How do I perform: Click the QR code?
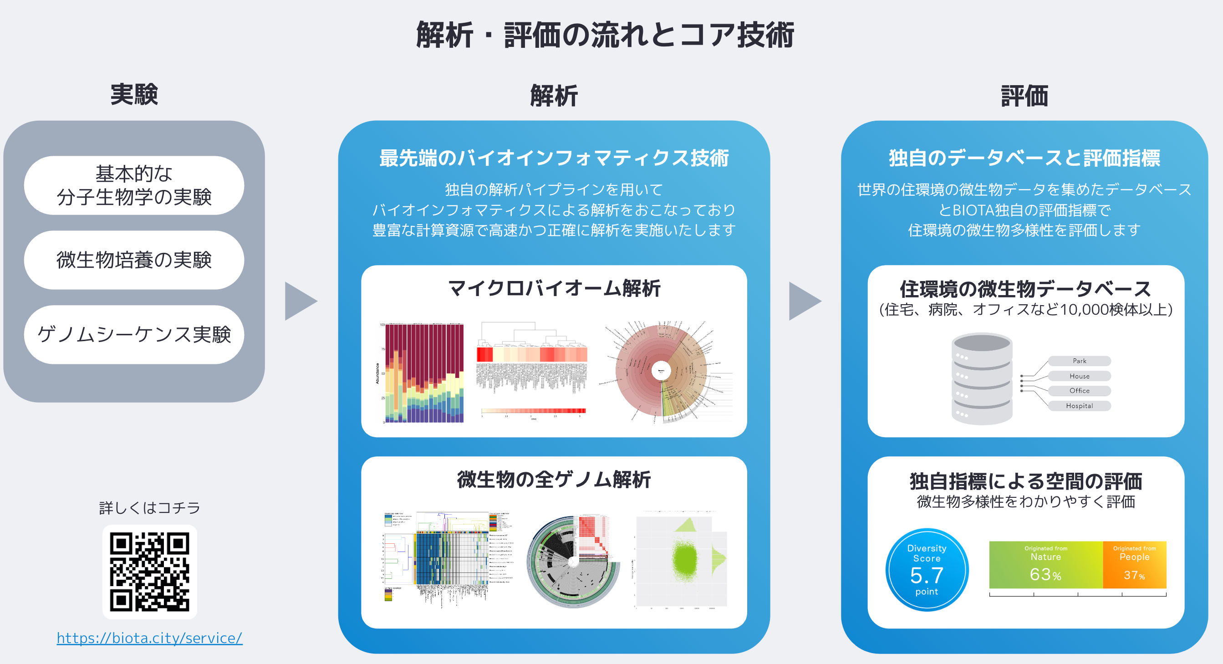[x=149, y=572]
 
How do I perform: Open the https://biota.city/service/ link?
[x=149, y=638]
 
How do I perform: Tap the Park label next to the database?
[x=1079, y=361]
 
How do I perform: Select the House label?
[x=1079, y=376]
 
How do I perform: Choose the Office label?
[x=1079, y=391]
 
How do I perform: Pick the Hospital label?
[x=1079, y=406]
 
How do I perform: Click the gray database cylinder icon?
[x=982, y=379]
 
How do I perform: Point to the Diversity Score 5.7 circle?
[x=927, y=570]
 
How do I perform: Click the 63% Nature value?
[x=1045, y=575]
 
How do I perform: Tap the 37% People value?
[x=1134, y=575]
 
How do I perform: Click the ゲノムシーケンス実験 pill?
[x=134, y=335]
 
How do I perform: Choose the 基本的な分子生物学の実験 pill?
[x=134, y=186]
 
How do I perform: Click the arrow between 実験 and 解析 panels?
[x=299, y=301]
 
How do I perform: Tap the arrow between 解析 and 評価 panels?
[x=803, y=301]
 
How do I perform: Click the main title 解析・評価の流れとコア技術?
[x=605, y=35]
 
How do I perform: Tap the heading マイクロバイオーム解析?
[x=554, y=288]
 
